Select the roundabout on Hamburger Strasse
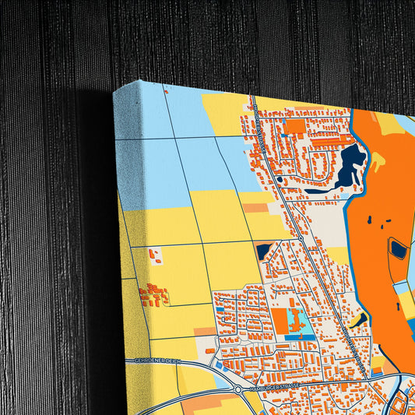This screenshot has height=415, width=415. pos(237,389)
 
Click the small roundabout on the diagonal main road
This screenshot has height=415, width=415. pos(300,237)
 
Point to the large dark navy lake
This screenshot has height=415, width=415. pos(350,164)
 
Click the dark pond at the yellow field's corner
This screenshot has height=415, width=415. pos(263,251)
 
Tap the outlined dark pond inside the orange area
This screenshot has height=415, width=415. pos(398,249)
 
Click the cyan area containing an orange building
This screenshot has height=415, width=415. pos(295,320)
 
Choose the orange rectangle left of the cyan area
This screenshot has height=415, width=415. pos(280,320)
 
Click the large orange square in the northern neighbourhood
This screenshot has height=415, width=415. pos(295,126)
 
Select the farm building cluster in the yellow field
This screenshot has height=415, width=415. pos(153,294)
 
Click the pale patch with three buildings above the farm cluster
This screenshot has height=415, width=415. pos(154,255)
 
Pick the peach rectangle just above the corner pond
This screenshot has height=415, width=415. pos(255,209)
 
